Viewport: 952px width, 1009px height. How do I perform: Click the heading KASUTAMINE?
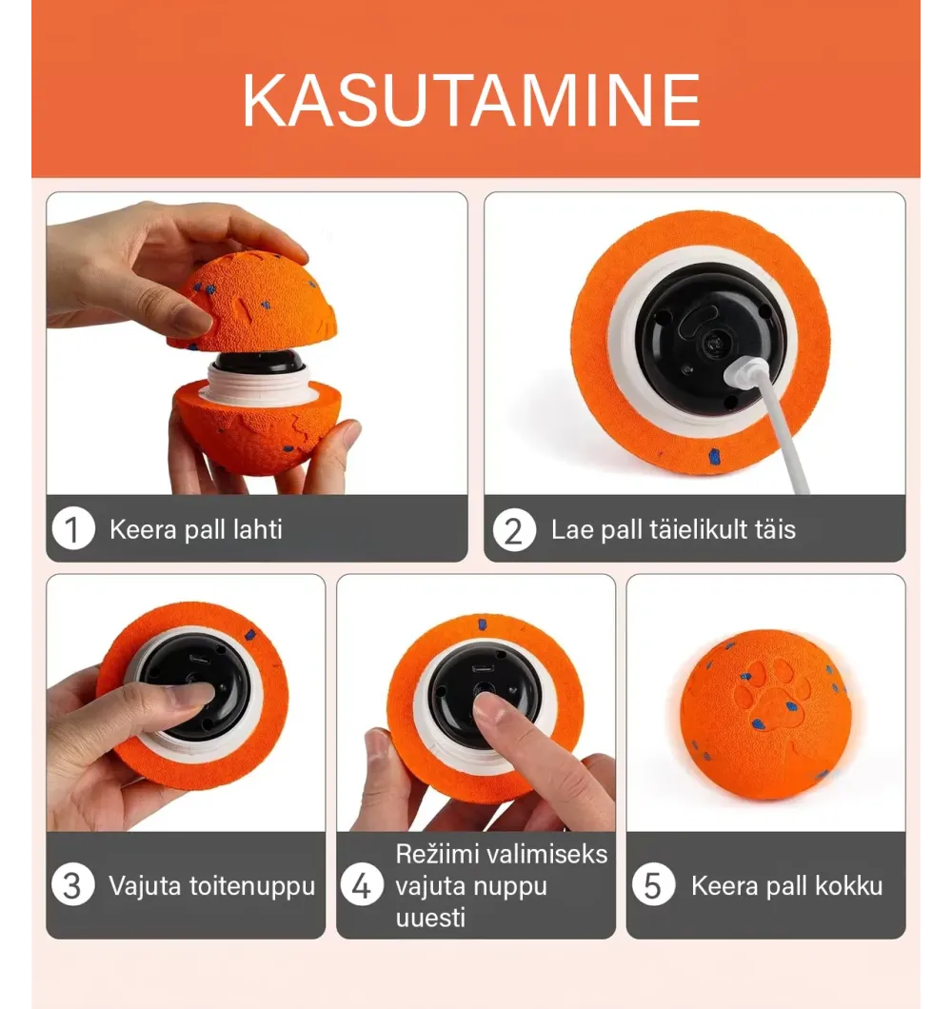[x=471, y=100]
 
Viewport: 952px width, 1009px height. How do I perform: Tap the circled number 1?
[x=73, y=529]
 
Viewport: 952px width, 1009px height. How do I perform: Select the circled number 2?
[x=514, y=530]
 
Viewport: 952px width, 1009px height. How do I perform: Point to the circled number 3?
[x=73, y=885]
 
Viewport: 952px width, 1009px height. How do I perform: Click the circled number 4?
[x=363, y=885]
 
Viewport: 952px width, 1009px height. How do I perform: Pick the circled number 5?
[x=653, y=885]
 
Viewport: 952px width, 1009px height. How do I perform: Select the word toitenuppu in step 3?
[x=252, y=886]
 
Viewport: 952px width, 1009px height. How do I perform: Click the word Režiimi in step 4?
[x=442, y=854]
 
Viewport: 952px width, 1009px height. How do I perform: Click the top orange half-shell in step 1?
[x=253, y=303]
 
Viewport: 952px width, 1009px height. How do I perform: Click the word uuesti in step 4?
[x=430, y=917]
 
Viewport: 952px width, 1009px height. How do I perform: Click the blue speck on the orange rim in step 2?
[x=714, y=456]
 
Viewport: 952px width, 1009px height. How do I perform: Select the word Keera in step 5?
[x=724, y=886]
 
